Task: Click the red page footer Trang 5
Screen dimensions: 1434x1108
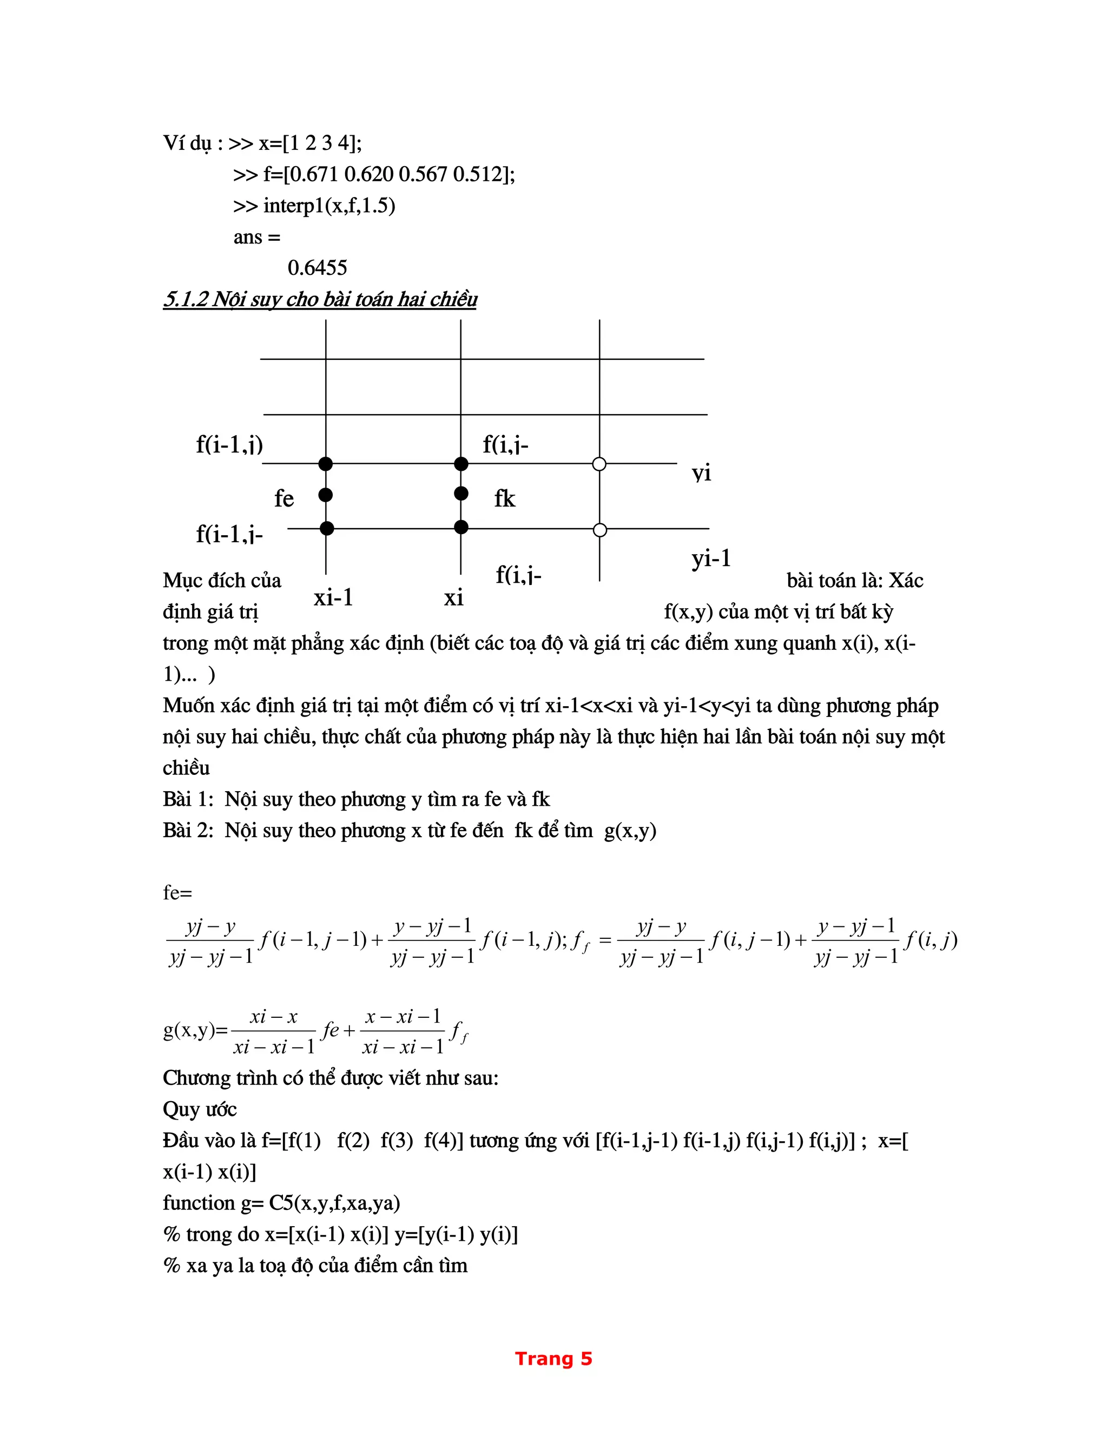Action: click(x=553, y=1358)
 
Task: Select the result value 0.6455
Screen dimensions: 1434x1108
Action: click(x=317, y=268)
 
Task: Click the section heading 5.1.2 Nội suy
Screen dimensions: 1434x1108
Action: click(x=320, y=299)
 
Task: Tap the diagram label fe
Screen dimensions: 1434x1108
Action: click(x=283, y=499)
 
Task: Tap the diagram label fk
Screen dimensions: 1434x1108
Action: click(x=504, y=499)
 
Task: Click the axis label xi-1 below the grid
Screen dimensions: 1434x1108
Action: click(x=333, y=597)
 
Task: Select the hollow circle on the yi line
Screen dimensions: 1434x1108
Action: click(x=599, y=464)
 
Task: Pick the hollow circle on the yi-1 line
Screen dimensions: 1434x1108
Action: click(x=599, y=530)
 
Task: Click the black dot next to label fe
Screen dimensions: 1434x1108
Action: click(x=326, y=495)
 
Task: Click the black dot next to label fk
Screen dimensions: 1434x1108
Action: click(x=461, y=493)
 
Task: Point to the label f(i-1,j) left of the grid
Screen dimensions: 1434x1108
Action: click(x=229, y=445)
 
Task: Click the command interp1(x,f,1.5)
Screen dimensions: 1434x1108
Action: click(x=329, y=206)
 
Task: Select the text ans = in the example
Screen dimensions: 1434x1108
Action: click(x=256, y=237)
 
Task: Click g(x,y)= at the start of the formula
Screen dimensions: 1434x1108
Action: click(x=195, y=1030)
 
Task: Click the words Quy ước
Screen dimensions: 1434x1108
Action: click(x=200, y=1110)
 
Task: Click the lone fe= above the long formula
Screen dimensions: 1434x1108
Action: click(x=177, y=893)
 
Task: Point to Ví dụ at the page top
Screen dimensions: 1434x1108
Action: click(x=187, y=143)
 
